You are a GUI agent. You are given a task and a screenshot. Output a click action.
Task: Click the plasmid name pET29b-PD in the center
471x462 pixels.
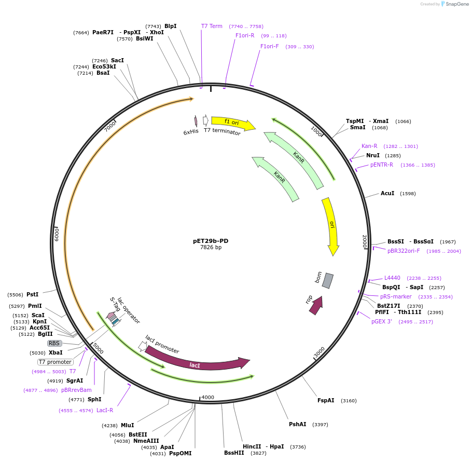211,241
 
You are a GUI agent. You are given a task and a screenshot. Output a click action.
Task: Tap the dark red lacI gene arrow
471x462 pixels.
197,361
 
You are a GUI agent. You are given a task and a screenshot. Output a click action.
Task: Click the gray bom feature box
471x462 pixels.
327,281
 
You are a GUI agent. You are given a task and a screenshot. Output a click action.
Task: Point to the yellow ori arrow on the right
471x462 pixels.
331,225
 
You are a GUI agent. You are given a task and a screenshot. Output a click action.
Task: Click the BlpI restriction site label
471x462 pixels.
170,26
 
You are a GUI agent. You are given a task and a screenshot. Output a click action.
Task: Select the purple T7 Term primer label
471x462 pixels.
212,26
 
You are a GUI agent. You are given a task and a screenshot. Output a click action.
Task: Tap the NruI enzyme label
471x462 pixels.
373,155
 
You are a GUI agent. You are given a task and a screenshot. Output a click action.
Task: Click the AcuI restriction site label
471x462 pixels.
387,193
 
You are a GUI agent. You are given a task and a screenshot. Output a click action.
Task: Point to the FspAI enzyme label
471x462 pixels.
326,400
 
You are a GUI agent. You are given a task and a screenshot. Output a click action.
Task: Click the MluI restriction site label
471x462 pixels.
128,425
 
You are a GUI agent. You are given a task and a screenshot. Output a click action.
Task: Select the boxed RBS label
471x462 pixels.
54,343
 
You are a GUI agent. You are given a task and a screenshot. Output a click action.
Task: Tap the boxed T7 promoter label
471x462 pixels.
55,362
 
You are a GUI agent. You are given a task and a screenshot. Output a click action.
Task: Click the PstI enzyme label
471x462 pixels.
33,294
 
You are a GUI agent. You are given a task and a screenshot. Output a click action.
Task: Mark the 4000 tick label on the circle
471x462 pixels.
207,397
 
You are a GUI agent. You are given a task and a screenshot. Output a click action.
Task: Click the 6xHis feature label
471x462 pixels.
191,132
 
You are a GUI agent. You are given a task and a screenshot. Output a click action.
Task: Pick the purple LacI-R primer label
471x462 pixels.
105,410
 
